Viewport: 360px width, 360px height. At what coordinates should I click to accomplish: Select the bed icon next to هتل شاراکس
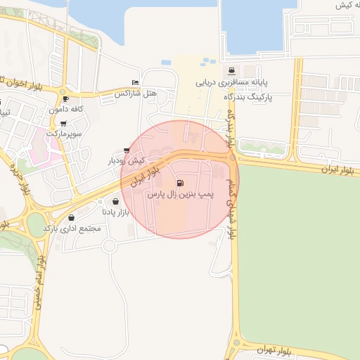pyautogui.click(x=135, y=83)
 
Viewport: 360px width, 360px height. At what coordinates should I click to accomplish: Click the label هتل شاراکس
pyautogui.click(x=134, y=93)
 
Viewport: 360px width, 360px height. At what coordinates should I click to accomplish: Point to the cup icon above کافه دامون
pyautogui.click(x=65, y=99)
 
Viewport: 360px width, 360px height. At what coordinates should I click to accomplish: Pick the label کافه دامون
pyautogui.click(x=66, y=109)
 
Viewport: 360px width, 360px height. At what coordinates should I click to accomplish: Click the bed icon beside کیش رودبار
pyautogui.click(x=127, y=150)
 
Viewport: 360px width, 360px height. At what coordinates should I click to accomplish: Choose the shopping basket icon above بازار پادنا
pyautogui.click(x=115, y=201)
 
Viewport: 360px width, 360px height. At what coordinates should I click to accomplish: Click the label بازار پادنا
pyautogui.click(x=115, y=211)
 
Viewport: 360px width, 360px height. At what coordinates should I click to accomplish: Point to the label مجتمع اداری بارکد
pyautogui.click(x=72, y=229)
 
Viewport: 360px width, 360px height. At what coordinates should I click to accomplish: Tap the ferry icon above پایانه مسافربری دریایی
pyautogui.click(x=231, y=71)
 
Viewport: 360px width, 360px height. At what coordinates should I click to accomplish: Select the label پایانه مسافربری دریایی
pyautogui.click(x=231, y=82)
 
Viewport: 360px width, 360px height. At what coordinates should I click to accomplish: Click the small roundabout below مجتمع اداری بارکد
pyautogui.click(x=109, y=245)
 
